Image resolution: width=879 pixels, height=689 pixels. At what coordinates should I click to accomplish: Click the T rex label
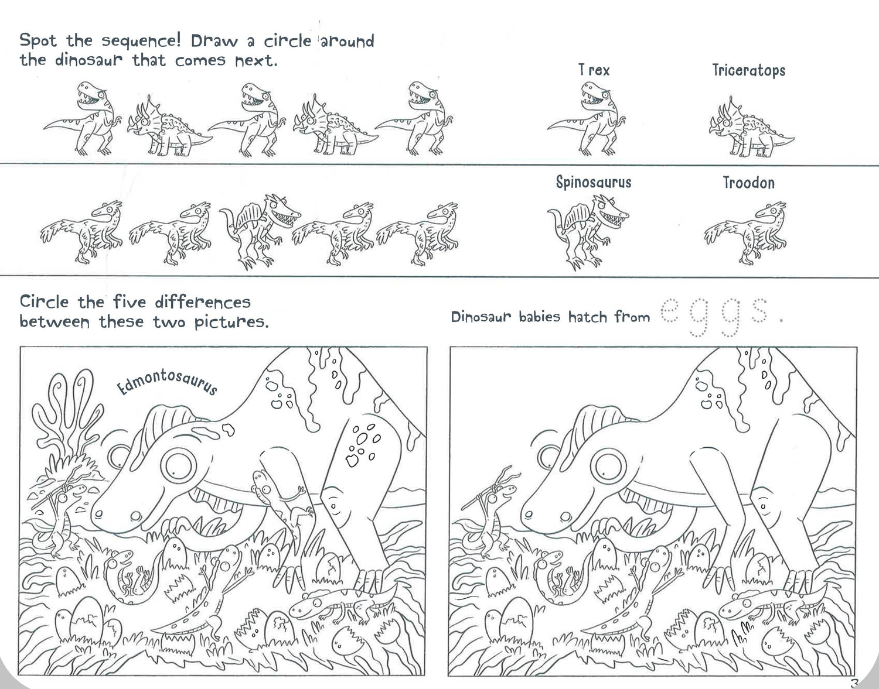click(594, 70)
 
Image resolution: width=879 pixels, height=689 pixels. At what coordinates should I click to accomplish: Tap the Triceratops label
click(749, 70)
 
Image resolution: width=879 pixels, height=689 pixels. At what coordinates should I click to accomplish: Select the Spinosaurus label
click(594, 182)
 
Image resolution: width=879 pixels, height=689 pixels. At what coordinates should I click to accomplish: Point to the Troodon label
click(749, 183)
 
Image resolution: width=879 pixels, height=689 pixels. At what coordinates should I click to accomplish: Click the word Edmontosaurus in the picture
click(167, 382)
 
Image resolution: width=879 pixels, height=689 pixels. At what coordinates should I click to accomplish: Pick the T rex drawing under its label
click(586, 119)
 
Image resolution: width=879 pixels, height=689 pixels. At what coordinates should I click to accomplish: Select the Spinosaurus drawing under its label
click(588, 231)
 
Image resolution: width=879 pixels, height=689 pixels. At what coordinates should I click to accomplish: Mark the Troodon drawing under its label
click(745, 233)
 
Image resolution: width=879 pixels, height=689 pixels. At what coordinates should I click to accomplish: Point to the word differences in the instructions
click(203, 302)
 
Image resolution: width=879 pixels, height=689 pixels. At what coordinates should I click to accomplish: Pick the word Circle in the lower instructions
click(45, 301)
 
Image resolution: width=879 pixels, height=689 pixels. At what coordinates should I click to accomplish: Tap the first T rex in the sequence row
click(83, 118)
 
